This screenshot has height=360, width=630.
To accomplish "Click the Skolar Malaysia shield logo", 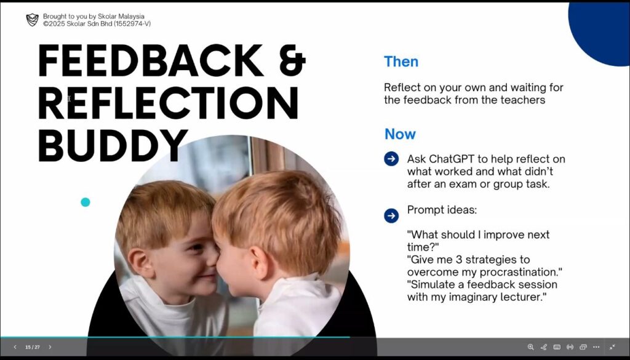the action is (32, 20).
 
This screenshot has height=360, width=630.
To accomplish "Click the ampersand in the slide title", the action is (292, 60).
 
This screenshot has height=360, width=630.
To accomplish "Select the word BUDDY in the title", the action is (113, 145).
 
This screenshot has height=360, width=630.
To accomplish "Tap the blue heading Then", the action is (401, 62).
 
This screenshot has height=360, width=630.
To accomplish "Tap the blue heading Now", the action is (400, 134).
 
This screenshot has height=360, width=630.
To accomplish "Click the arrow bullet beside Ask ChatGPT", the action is (391, 159).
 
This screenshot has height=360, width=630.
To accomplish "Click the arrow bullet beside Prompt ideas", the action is (391, 215).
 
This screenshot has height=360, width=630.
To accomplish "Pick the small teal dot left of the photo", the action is (85, 202).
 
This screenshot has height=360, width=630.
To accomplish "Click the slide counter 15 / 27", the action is (33, 347).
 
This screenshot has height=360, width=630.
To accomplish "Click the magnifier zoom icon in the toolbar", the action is (531, 346).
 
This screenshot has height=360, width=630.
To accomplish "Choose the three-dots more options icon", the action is (596, 346).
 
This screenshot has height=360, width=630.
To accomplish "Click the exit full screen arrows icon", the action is (612, 346).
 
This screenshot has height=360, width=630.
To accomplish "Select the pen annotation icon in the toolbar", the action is (544, 346).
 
